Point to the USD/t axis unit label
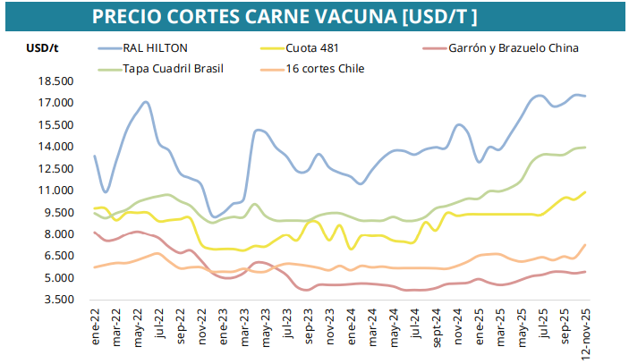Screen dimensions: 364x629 tap(42, 47)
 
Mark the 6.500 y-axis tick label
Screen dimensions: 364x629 tap(57, 256)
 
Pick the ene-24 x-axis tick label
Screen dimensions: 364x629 tap(351, 326)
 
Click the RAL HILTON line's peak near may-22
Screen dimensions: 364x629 tap(145, 103)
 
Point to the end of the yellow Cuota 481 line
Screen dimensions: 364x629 tap(585, 191)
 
